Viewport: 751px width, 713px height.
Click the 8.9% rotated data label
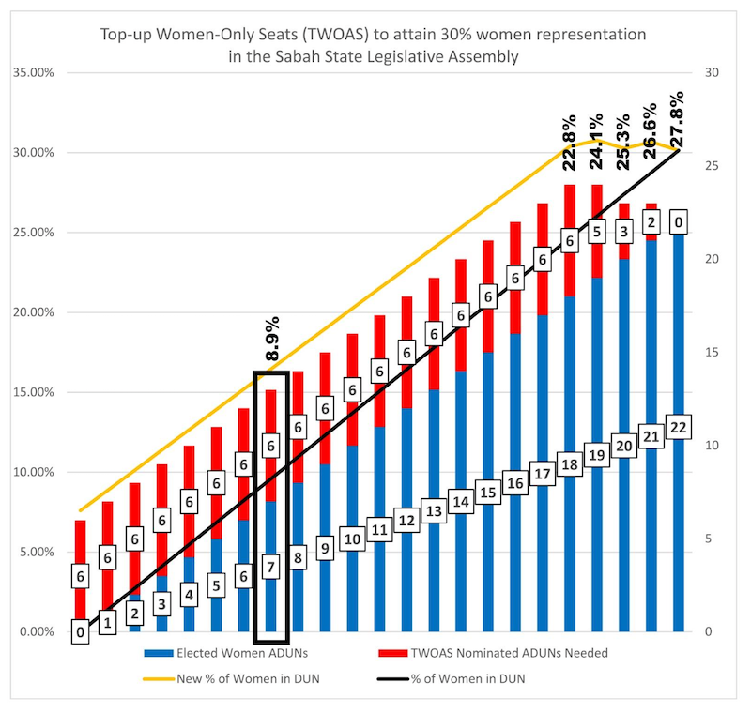coord(272,341)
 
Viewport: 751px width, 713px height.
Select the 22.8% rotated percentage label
coord(569,143)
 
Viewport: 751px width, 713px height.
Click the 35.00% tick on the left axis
coord(30,72)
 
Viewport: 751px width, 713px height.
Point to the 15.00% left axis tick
coord(30,392)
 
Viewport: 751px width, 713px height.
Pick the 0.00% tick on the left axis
coord(32,631)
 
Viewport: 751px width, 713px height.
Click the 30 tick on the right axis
coord(710,72)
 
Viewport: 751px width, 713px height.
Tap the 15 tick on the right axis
coord(710,352)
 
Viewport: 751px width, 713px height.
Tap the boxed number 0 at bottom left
coord(82,632)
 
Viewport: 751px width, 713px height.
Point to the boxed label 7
coord(270,567)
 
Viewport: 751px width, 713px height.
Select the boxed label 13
coord(434,510)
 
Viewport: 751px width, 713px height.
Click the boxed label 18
coord(569,464)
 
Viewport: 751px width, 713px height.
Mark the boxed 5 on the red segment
coord(596,231)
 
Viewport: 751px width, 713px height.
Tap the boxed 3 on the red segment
coord(623,230)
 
